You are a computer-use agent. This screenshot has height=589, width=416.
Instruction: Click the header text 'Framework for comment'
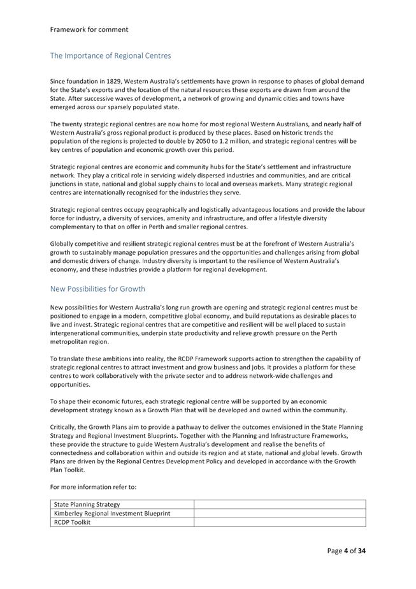89,29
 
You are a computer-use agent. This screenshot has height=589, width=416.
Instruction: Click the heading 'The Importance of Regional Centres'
110,56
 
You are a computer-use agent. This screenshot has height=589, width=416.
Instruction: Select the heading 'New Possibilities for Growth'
97,288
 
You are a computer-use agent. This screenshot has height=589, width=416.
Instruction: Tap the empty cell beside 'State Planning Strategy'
280,504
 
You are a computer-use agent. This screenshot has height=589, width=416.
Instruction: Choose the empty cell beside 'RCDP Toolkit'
280,522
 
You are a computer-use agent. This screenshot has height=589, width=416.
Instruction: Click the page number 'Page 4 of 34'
347,551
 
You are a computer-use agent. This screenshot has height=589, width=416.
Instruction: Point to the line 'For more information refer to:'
93,487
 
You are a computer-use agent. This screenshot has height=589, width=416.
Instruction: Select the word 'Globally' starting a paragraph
63,244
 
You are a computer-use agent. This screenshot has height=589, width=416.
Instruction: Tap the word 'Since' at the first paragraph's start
58,82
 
